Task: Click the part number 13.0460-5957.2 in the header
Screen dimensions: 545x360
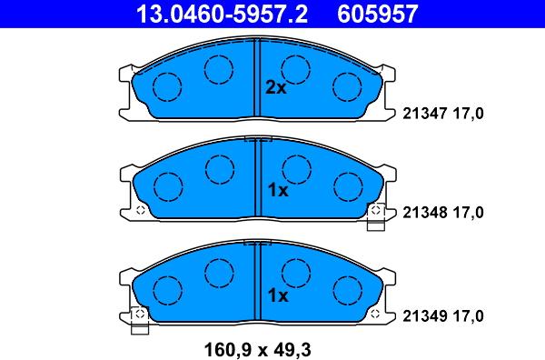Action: (223, 14)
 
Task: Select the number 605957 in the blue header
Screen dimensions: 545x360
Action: (377, 14)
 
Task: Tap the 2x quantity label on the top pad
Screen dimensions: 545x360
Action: (276, 87)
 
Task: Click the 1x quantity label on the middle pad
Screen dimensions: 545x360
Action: (278, 190)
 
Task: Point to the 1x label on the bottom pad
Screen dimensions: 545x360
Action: (278, 295)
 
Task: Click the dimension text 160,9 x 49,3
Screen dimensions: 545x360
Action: (258, 349)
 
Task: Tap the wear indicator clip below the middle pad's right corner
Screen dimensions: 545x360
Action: (376, 216)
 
